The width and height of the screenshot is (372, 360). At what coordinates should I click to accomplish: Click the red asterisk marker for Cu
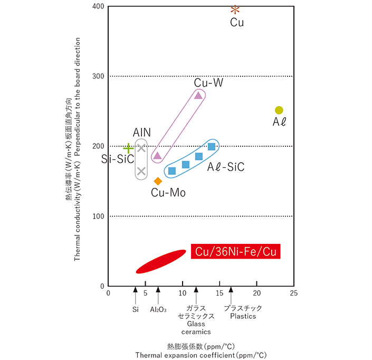coord(235,9)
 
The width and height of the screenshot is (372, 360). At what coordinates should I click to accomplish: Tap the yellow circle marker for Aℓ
coord(279,110)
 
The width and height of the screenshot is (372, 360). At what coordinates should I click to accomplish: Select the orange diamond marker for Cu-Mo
coord(157,181)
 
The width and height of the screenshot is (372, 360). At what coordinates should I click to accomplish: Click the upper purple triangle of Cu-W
coord(198,95)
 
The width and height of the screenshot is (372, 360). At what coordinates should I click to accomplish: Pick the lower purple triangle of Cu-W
coord(157,156)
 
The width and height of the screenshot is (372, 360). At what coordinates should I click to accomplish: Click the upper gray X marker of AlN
coord(141,148)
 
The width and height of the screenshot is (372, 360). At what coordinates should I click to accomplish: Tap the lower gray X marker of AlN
coord(141,171)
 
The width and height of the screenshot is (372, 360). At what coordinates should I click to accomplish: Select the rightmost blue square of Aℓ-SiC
coord(212,147)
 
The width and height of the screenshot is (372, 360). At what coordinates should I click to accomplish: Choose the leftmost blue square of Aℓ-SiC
coord(171,170)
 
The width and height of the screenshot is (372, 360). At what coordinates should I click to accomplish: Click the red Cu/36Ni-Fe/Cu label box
coord(235,252)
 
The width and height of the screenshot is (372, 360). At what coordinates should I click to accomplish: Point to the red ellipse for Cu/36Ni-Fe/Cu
coord(161,261)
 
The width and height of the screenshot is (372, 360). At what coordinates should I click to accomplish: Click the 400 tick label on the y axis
coord(99,7)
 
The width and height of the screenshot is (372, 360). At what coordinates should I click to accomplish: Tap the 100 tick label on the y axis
coord(99,216)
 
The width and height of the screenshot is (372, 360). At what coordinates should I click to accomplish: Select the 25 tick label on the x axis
coord(294,293)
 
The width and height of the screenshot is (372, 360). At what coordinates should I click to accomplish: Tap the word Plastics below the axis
coord(243,316)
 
